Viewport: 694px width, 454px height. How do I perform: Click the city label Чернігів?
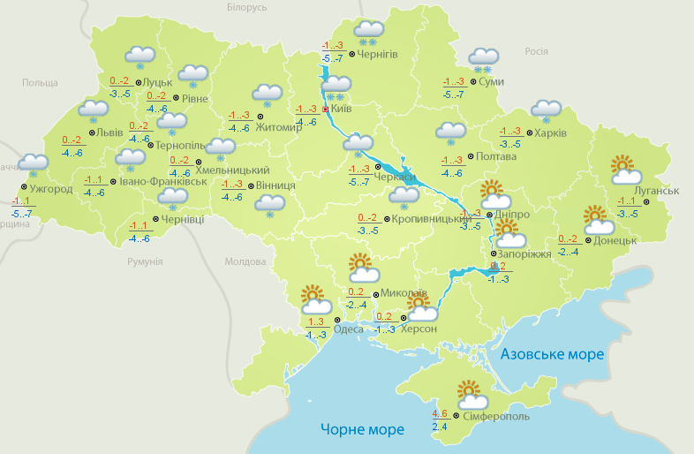[378, 54]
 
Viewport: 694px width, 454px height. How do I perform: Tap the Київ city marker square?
[325, 110]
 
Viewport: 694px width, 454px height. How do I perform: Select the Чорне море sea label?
[362, 430]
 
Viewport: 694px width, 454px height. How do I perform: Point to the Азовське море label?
[552, 354]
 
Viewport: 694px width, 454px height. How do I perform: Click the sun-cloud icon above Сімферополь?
[469, 393]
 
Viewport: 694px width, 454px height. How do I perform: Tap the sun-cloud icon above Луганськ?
[625, 170]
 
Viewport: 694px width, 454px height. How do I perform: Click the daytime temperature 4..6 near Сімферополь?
[440, 413]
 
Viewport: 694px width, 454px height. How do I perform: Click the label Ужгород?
[50, 189]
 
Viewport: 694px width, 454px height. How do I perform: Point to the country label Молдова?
[245, 262]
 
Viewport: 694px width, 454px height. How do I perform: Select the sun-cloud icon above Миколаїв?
[360, 267]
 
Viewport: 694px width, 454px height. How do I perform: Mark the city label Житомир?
[278, 126]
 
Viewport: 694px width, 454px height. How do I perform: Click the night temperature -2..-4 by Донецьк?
[568, 252]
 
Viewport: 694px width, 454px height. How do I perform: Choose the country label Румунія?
[145, 262]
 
